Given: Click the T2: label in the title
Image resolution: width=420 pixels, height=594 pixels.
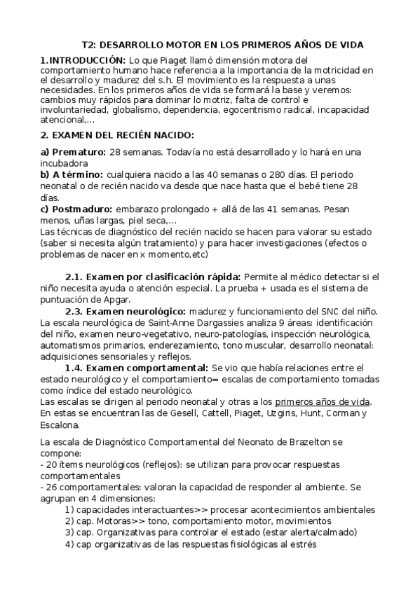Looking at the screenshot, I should click(x=89, y=45).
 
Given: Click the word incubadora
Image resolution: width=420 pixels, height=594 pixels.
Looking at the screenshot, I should click(x=67, y=163).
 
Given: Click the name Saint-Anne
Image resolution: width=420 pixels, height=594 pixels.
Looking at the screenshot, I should click(x=178, y=322).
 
